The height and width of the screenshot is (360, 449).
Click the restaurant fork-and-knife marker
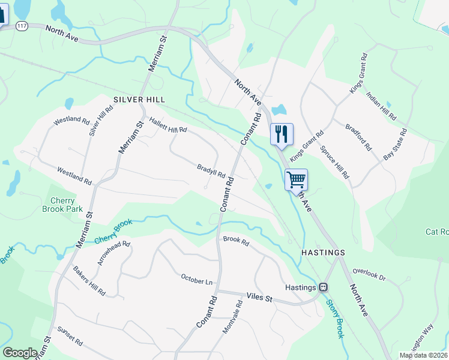click(282, 134)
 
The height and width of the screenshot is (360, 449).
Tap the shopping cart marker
click(296, 179)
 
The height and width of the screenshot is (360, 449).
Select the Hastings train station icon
click(324, 287)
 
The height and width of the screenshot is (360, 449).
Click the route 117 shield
click(22, 25)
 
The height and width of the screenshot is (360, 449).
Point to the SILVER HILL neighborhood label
click(139, 99)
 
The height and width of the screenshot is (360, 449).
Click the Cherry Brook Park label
click(62, 205)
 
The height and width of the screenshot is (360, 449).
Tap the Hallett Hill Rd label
click(168, 125)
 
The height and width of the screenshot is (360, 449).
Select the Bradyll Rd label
click(211, 171)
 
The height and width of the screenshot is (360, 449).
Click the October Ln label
click(197, 280)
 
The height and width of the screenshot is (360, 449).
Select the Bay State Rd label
click(396, 144)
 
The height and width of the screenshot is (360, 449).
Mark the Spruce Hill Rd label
click(334, 162)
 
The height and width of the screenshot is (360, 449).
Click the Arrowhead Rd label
click(114, 253)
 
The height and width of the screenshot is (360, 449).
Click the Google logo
click(20, 353)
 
